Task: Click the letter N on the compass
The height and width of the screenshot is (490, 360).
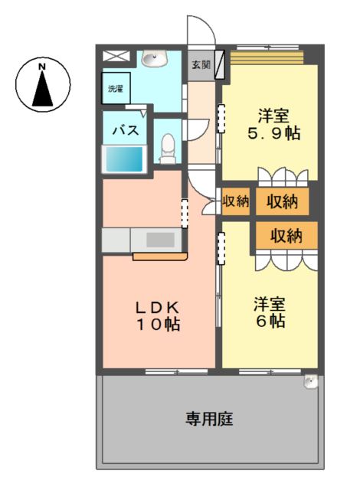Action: [42, 67]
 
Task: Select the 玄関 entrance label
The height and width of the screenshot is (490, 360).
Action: [201, 65]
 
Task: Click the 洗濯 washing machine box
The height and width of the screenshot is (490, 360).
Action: [116, 88]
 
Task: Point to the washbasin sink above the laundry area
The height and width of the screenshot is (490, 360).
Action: [155, 58]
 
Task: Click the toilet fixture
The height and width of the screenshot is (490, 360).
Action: [168, 149]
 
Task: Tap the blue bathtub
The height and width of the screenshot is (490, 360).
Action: [124, 159]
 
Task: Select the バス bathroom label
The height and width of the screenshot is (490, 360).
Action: [126, 130]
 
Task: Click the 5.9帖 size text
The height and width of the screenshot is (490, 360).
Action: [273, 133]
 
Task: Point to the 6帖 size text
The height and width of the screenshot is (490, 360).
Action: [270, 321]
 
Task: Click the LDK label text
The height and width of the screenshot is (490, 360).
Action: [157, 308]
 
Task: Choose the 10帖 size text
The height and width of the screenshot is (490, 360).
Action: [158, 325]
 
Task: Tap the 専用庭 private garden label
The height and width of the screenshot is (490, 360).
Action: [209, 419]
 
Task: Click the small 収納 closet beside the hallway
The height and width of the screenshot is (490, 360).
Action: [236, 201]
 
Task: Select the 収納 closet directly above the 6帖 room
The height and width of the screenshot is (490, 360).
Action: [286, 235]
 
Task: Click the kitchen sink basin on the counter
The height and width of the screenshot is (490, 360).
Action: [160, 240]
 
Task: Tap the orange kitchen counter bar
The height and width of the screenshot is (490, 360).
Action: [159, 257]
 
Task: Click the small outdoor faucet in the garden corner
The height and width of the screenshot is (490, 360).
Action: [311, 381]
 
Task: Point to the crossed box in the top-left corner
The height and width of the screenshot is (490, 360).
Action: [116, 56]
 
